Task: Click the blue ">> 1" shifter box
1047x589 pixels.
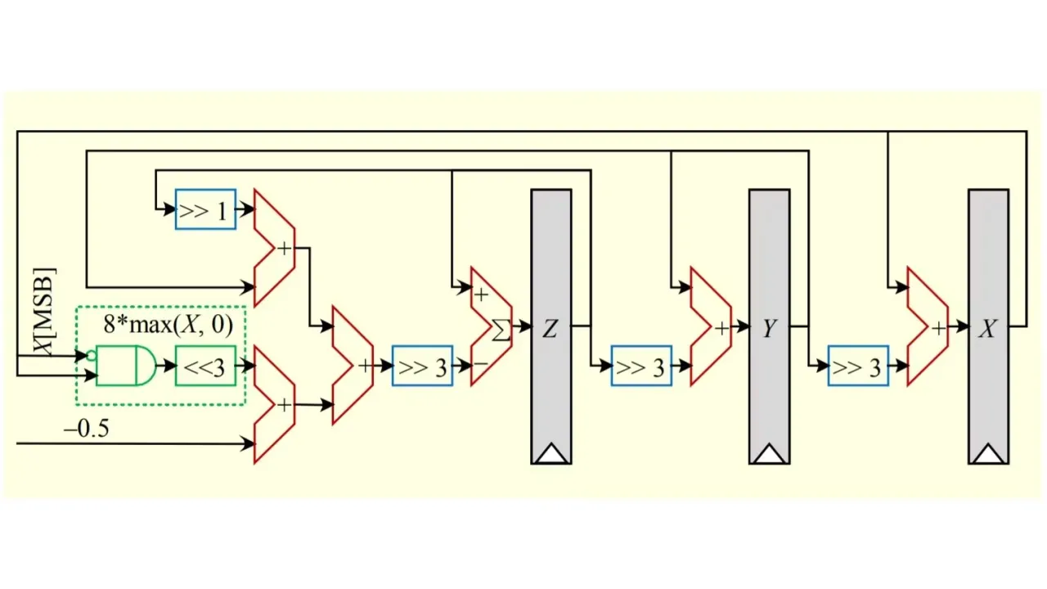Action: coord(205,210)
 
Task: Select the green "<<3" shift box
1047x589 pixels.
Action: coord(205,366)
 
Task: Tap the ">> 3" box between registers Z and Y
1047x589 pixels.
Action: coord(641,366)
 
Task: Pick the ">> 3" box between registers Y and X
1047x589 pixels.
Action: coord(858,366)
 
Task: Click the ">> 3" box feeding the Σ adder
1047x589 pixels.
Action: coord(422,366)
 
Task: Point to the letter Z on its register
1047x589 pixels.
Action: coord(550,329)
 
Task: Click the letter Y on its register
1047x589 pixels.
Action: coord(769,329)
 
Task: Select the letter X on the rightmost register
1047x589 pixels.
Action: coord(987,329)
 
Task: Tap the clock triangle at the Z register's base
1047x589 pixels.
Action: coord(551,454)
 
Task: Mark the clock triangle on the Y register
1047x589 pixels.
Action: coord(769,454)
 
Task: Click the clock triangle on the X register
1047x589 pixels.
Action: coord(988,454)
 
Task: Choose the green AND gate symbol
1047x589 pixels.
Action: coord(126,366)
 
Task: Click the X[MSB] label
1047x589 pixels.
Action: coord(44,311)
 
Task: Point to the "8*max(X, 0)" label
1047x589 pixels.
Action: coord(168,325)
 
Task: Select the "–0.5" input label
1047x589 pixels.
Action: coord(86,429)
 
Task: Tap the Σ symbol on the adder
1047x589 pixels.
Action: coord(501,330)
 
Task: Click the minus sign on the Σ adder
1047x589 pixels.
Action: coord(481,363)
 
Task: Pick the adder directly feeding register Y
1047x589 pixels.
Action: coord(710,326)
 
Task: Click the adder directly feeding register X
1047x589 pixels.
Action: coord(927,326)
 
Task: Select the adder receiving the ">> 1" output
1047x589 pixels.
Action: coord(274,248)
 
